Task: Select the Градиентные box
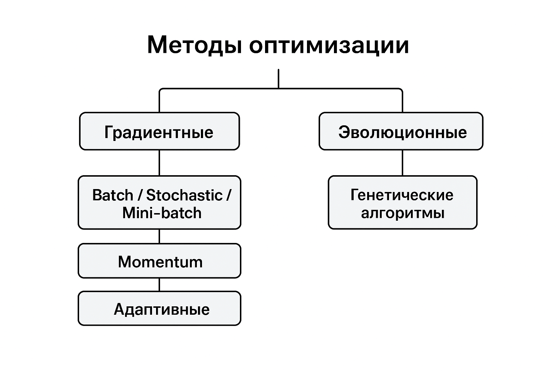point(159,131)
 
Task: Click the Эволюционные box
point(401,131)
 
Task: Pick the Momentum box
point(159,261)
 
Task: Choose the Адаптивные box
point(159,309)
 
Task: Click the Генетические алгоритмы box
point(402,203)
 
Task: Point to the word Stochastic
point(184,195)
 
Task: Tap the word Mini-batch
point(162,213)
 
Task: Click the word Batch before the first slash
point(113,195)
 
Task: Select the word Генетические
point(402,195)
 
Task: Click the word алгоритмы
point(402,213)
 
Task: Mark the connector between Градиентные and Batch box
point(159,163)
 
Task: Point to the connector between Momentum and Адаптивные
point(159,284)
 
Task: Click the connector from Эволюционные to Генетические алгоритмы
point(402,163)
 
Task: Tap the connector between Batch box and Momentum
point(159,236)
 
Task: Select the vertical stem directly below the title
point(279,78)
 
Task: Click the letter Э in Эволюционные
point(344,132)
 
